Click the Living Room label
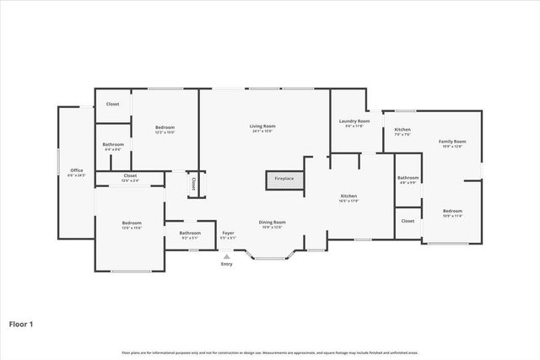262,126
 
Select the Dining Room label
272,223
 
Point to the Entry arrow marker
226,256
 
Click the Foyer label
228,233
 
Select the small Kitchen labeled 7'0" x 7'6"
402,130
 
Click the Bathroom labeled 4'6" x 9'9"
408,178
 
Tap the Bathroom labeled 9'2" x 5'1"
190,233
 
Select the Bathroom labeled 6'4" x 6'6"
113,145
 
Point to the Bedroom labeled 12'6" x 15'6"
132,223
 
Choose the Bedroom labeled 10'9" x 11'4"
452,211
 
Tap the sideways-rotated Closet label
193,183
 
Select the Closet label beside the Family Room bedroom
408,220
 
